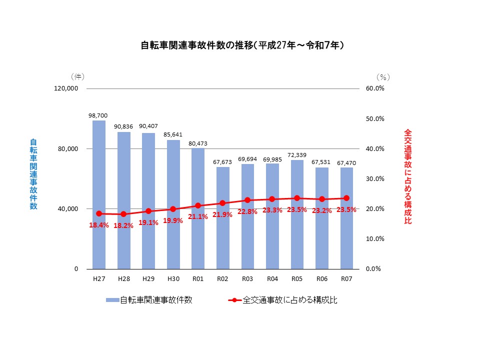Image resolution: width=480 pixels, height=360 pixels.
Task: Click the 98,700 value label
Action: pos(98,115)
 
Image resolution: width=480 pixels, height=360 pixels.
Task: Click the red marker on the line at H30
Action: pos(173,209)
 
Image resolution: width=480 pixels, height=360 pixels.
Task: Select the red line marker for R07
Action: pos(346,198)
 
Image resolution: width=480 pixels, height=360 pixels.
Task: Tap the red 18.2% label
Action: pos(123,225)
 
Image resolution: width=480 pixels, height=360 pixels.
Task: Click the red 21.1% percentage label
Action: pos(197,216)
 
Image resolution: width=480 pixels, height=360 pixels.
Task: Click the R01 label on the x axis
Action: pos(197,278)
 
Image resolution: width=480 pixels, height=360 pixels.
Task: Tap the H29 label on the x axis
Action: pos(148,278)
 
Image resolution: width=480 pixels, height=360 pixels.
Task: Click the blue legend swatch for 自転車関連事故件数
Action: pos(112,300)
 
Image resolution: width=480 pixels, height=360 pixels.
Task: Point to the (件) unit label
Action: pos(77,76)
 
